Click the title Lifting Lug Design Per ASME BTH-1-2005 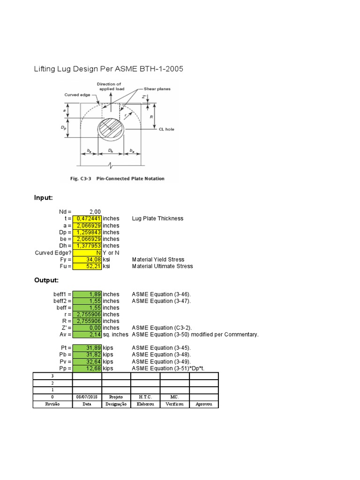pyautogui.click(x=108, y=69)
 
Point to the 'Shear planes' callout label pyautogui.click(x=157, y=89)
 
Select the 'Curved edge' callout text pyautogui.click(x=77, y=95)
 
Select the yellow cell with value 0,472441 pyautogui.click(x=87, y=218)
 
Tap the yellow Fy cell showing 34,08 pyautogui.click(x=87, y=259)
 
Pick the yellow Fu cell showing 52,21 pyautogui.click(x=87, y=266)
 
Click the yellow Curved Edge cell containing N pyautogui.click(x=87, y=253)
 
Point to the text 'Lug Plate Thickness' pyautogui.click(x=157, y=218)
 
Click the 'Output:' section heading pyautogui.click(x=46, y=280)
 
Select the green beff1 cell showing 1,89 pyautogui.click(x=87, y=294)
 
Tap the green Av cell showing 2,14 pyautogui.click(x=87, y=335)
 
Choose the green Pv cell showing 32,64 pyautogui.click(x=87, y=362)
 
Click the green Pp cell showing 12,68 pyautogui.click(x=87, y=368)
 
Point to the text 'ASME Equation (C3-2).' pyautogui.click(x=162, y=328)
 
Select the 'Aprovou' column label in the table pyautogui.click(x=204, y=404)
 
